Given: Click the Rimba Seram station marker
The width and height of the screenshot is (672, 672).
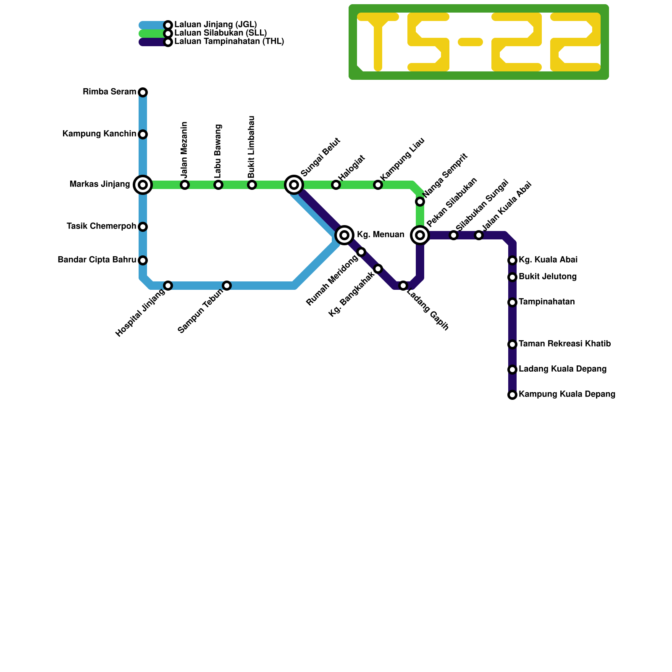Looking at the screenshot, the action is pyautogui.click(x=143, y=92).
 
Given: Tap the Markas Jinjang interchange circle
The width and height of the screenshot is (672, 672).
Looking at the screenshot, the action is pyautogui.click(x=143, y=185).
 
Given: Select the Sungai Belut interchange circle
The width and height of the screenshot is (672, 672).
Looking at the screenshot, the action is pyautogui.click(x=294, y=185).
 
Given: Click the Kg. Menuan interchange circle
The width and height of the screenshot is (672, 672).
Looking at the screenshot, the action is pyautogui.click(x=344, y=235).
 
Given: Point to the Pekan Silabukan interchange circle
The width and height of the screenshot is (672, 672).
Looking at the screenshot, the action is pyautogui.click(x=420, y=235).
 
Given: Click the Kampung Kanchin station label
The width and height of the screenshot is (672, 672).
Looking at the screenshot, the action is pyautogui.click(x=100, y=134).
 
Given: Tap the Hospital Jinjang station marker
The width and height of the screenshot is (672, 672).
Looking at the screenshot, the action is pyautogui.click(x=168, y=286).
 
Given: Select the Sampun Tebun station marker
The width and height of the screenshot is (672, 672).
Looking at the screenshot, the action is pyautogui.click(x=227, y=286).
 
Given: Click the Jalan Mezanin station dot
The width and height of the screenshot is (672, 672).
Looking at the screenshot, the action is pyautogui.click(x=185, y=185).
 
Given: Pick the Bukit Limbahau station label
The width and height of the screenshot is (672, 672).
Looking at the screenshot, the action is pyautogui.click(x=252, y=147).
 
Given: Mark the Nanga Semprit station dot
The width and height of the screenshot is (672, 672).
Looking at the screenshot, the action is pyautogui.click(x=420, y=202).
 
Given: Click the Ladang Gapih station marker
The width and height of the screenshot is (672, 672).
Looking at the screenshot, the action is pyautogui.click(x=403, y=286).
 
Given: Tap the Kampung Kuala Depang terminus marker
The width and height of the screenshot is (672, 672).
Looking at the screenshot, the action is pyautogui.click(x=512, y=395).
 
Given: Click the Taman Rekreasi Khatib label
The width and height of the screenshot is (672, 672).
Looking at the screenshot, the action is pyautogui.click(x=565, y=344).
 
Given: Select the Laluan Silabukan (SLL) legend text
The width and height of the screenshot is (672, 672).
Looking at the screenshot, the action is pyautogui.click(x=220, y=33).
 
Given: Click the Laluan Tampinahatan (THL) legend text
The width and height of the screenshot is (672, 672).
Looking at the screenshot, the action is pyautogui.click(x=229, y=42).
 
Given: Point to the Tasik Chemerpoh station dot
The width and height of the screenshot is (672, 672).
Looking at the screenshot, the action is pyautogui.click(x=143, y=227).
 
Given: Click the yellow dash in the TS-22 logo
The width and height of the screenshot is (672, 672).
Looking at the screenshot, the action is pyautogui.click(x=470, y=42).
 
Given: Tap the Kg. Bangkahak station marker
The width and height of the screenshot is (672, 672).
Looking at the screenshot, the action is pyautogui.click(x=378, y=269).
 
